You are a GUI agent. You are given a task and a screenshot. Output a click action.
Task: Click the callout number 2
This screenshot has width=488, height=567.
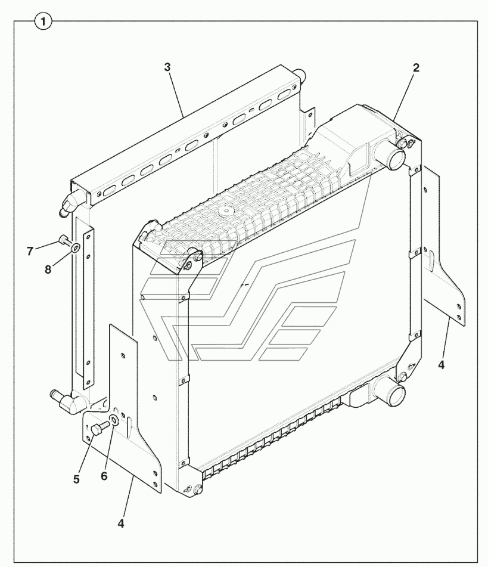tap(416, 67)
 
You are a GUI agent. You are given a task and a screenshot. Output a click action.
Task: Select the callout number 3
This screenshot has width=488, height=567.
tap(167, 67)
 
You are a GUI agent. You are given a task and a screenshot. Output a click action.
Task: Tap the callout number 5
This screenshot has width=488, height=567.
tap(76, 479)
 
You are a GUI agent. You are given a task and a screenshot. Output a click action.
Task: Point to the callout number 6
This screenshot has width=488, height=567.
tap(104, 476)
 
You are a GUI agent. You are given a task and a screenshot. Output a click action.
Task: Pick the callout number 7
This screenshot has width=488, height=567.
tap(30, 251)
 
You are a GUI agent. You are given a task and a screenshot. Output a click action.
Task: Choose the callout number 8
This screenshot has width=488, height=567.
tap(48, 269)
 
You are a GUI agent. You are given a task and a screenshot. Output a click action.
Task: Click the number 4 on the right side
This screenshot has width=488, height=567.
tap(441, 365)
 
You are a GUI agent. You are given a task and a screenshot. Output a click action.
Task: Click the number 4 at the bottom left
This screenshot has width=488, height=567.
tap(121, 523)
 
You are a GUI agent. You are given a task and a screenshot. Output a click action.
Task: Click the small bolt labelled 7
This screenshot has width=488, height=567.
tap(63, 240)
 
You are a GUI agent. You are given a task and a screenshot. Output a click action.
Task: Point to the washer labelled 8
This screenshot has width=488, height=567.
tap(76, 247)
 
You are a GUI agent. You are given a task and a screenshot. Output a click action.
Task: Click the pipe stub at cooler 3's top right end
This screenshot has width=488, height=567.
tap(300, 75)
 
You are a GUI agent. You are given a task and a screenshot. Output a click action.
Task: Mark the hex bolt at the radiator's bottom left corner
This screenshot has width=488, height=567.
tap(197, 490)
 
